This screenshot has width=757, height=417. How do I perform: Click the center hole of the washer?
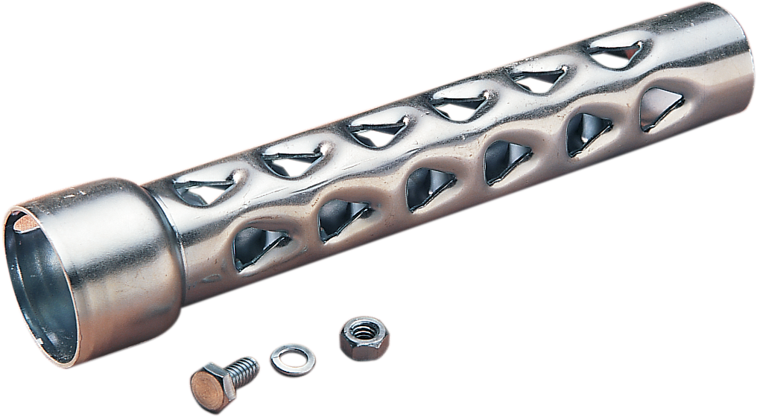[x=291, y=357]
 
